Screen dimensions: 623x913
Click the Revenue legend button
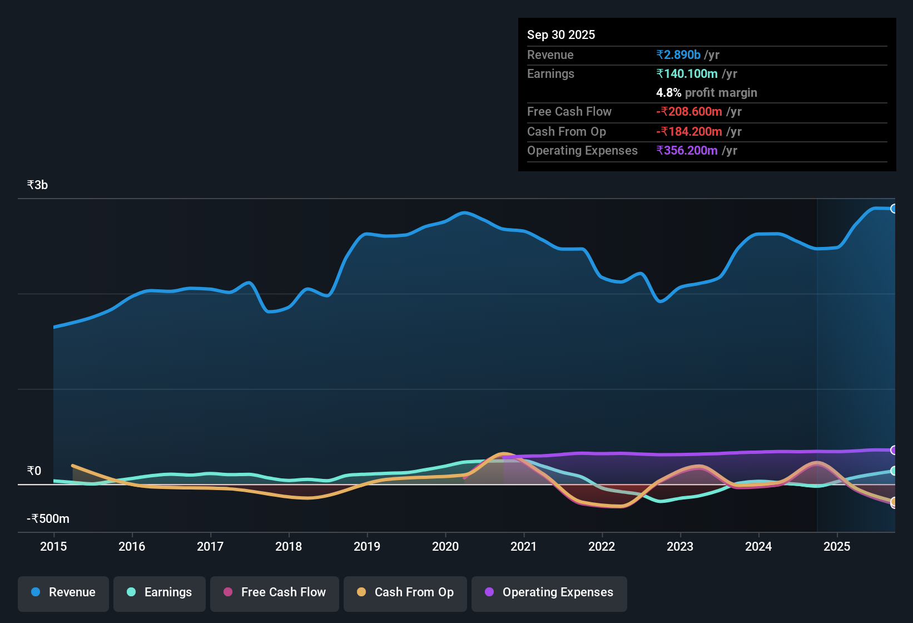63,592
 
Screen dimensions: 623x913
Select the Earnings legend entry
160,592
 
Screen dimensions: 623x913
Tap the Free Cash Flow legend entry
275,592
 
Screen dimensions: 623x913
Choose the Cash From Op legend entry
405,592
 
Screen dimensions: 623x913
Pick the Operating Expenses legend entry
549,592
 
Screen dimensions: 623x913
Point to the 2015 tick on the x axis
53,546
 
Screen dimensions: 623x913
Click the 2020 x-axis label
445,546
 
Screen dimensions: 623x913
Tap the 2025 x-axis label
837,546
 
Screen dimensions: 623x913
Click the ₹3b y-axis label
38,185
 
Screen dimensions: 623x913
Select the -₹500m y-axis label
48,519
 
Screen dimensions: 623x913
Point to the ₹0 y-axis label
34,471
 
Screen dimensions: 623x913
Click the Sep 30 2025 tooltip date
561,35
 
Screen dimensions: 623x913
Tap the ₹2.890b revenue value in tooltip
678,55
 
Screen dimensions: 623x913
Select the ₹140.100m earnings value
687,74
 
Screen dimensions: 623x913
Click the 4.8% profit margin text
706,93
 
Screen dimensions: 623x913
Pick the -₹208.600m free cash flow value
689,112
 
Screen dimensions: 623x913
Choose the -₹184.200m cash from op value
689,132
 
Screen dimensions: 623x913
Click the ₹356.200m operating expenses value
687,151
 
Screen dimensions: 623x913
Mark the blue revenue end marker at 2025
894,209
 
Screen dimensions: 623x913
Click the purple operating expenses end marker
894,450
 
